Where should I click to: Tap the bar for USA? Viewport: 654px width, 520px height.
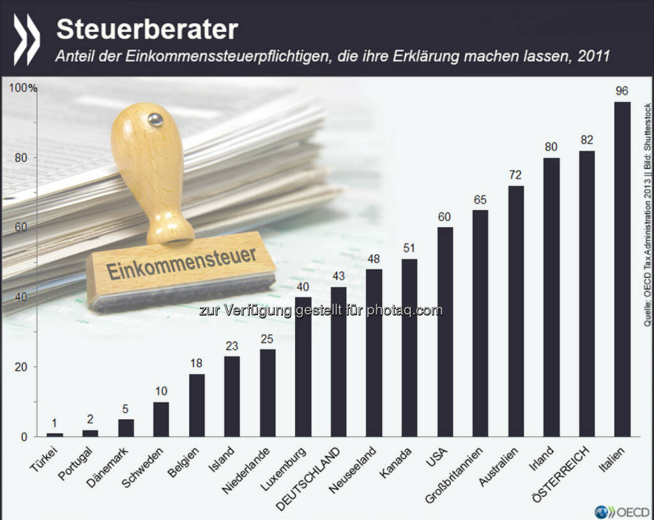pos(445,332)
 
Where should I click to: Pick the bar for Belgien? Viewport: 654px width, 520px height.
pos(197,405)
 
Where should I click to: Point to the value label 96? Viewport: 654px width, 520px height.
pos(621,91)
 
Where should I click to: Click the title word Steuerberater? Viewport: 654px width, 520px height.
pos(147,29)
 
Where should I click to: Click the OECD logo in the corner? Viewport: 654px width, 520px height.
pos(623,511)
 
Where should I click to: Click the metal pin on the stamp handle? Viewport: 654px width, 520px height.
pos(155,119)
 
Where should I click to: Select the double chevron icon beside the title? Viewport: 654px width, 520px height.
pos(26,39)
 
